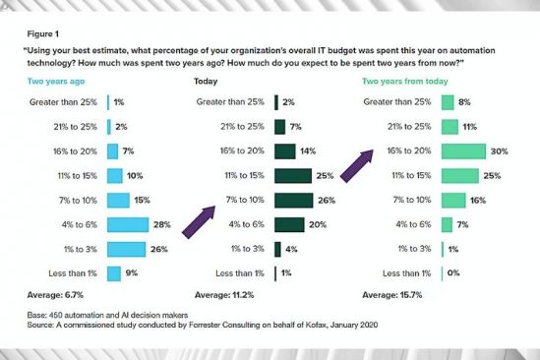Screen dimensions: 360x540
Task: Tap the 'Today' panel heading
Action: click(208, 82)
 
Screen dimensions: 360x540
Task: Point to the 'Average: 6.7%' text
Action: click(62, 294)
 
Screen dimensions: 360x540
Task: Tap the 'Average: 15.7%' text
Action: click(390, 294)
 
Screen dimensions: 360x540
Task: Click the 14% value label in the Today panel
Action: click(305, 151)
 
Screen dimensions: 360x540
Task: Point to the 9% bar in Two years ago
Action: click(113, 272)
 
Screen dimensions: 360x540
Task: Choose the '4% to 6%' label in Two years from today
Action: click(412, 224)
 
